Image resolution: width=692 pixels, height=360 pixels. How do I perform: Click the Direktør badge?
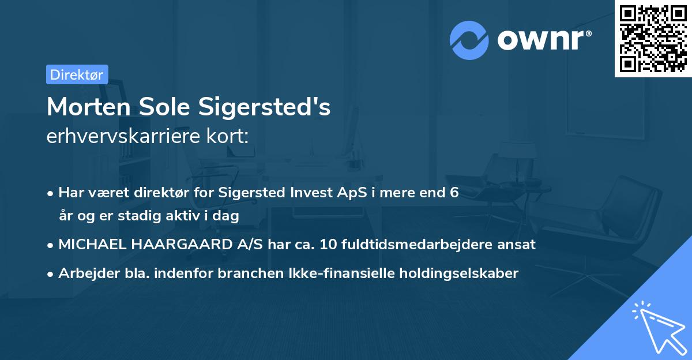[77, 74]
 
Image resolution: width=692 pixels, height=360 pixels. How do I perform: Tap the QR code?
[653, 38]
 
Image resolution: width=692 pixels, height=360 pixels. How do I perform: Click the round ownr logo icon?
[469, 40]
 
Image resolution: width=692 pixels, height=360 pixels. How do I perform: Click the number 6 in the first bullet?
[454, 193]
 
